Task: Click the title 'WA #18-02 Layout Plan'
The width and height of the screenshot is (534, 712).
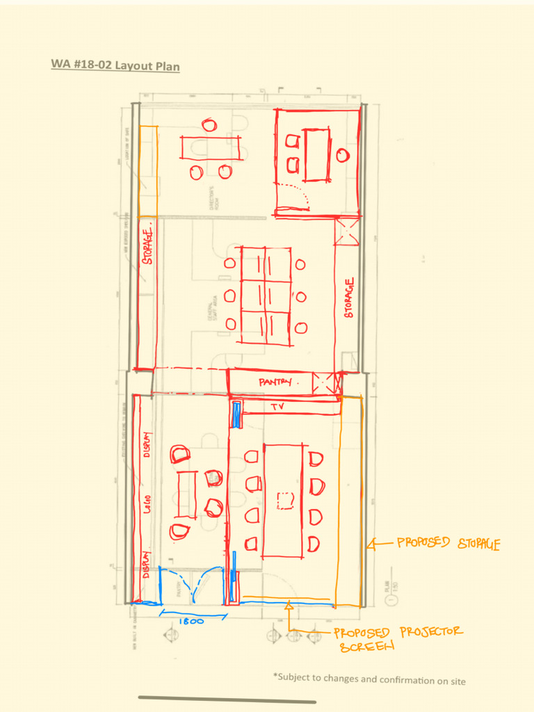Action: [x=115, y=66]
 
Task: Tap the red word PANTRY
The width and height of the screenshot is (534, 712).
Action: [x=275, y=382]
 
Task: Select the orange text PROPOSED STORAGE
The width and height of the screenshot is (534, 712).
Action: [x=448, y=544]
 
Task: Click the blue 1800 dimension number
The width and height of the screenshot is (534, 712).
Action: [x=191, y=621]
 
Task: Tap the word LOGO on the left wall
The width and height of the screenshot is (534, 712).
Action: [x=147, y=502]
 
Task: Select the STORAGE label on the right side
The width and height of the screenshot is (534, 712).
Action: [x=349, y=298]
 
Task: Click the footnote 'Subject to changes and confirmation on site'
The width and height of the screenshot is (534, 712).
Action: [x=369, y=679]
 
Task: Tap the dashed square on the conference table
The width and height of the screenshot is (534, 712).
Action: [x=283, y=501]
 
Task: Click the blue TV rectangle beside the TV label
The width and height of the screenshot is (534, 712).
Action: [x=236, y=414]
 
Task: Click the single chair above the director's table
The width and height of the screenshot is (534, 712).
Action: [x=209, y=125]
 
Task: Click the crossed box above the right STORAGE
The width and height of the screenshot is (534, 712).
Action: [x=346, y=231]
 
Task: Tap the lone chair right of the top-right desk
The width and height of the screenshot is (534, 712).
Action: [x=342, y=155]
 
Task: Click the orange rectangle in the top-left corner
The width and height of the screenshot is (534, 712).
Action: [x=148, y=170]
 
